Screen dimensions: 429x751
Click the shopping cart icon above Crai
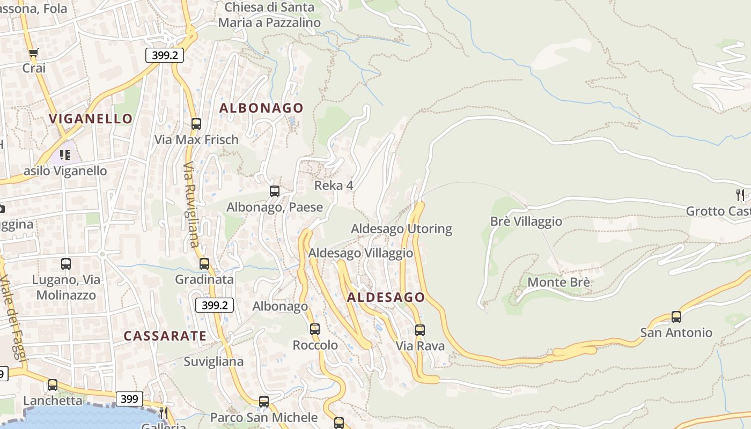tap(33, 53)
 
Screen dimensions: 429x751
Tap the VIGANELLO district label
tap(91, 119)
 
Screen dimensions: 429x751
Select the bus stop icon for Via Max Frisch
tap(196, 124)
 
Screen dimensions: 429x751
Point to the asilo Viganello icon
tap(65, 155)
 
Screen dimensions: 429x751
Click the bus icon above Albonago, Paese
tap(275, 191)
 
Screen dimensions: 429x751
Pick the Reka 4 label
tap(334, 186)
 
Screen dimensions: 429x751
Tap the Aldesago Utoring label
tap(401, 229)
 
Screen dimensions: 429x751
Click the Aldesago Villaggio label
tap(360, 253)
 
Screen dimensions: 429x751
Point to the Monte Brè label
tap(559, 282)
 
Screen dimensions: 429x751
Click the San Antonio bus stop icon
tap(676, 317)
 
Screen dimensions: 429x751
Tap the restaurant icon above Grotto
tap(740, 195)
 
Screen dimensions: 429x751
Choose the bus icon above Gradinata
tap(204, 264)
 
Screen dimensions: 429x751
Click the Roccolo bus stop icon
tap(315, 329)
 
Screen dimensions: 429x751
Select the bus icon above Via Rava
tap(420, 330)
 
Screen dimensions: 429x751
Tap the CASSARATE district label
tap(165, 336)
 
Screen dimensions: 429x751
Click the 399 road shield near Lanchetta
tap(129, 399)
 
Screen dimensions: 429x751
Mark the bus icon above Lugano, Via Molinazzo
tap(66, 264)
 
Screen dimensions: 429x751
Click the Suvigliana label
tap(213, 361)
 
